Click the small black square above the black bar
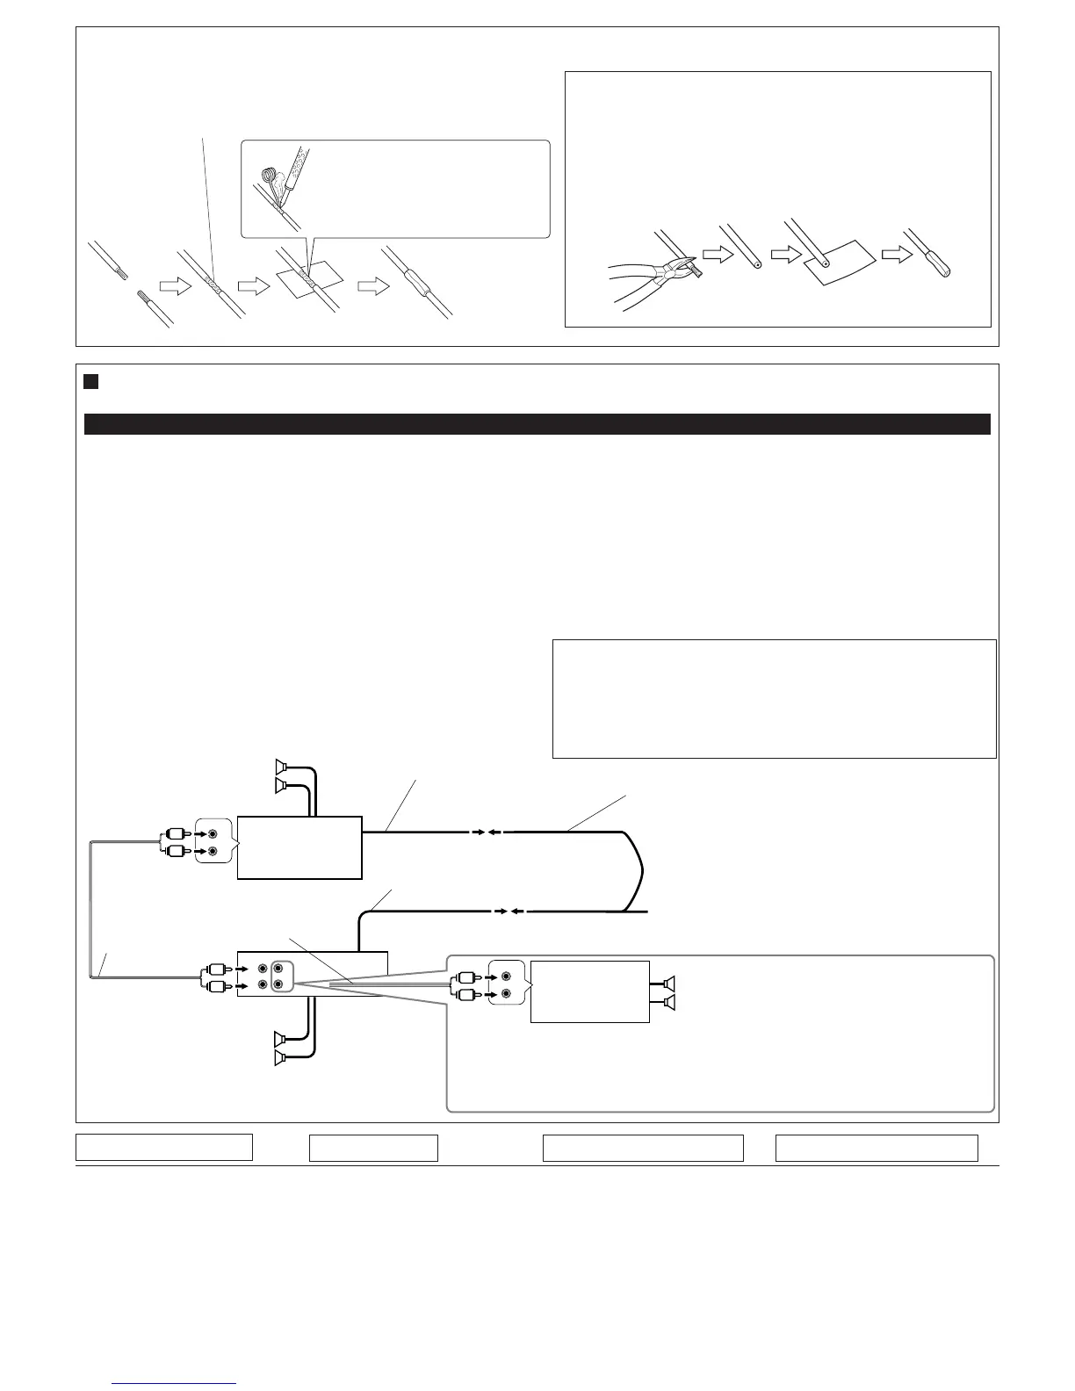[90, 382]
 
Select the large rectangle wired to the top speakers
[299, 847]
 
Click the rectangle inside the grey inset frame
[590, 991]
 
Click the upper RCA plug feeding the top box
[175, 835]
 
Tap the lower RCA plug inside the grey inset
[466, 995]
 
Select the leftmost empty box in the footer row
[164, 1148]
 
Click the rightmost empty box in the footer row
[876, 1148]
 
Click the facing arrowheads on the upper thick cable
[485, 831]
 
